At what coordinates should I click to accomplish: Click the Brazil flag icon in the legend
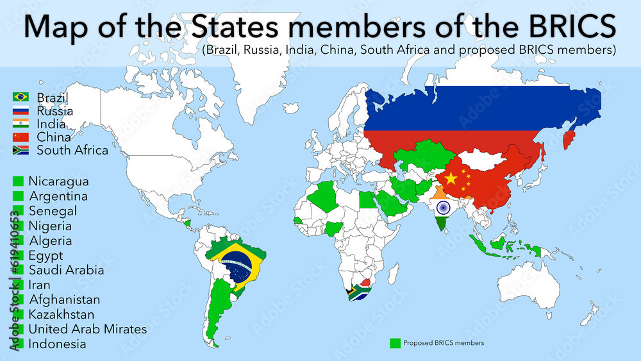21,97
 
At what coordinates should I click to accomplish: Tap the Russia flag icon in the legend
21,111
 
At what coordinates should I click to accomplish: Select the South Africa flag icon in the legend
21,151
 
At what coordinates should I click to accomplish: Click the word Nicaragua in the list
58,182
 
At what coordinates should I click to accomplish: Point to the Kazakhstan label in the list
61,315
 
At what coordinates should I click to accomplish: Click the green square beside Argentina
18,197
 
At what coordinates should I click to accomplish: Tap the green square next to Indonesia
18,344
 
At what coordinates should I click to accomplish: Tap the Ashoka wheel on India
443,208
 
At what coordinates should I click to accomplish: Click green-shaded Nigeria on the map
334,228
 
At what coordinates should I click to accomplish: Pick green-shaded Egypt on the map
366,200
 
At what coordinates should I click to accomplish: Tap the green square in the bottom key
395,343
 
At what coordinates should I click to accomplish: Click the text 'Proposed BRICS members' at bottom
444,343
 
